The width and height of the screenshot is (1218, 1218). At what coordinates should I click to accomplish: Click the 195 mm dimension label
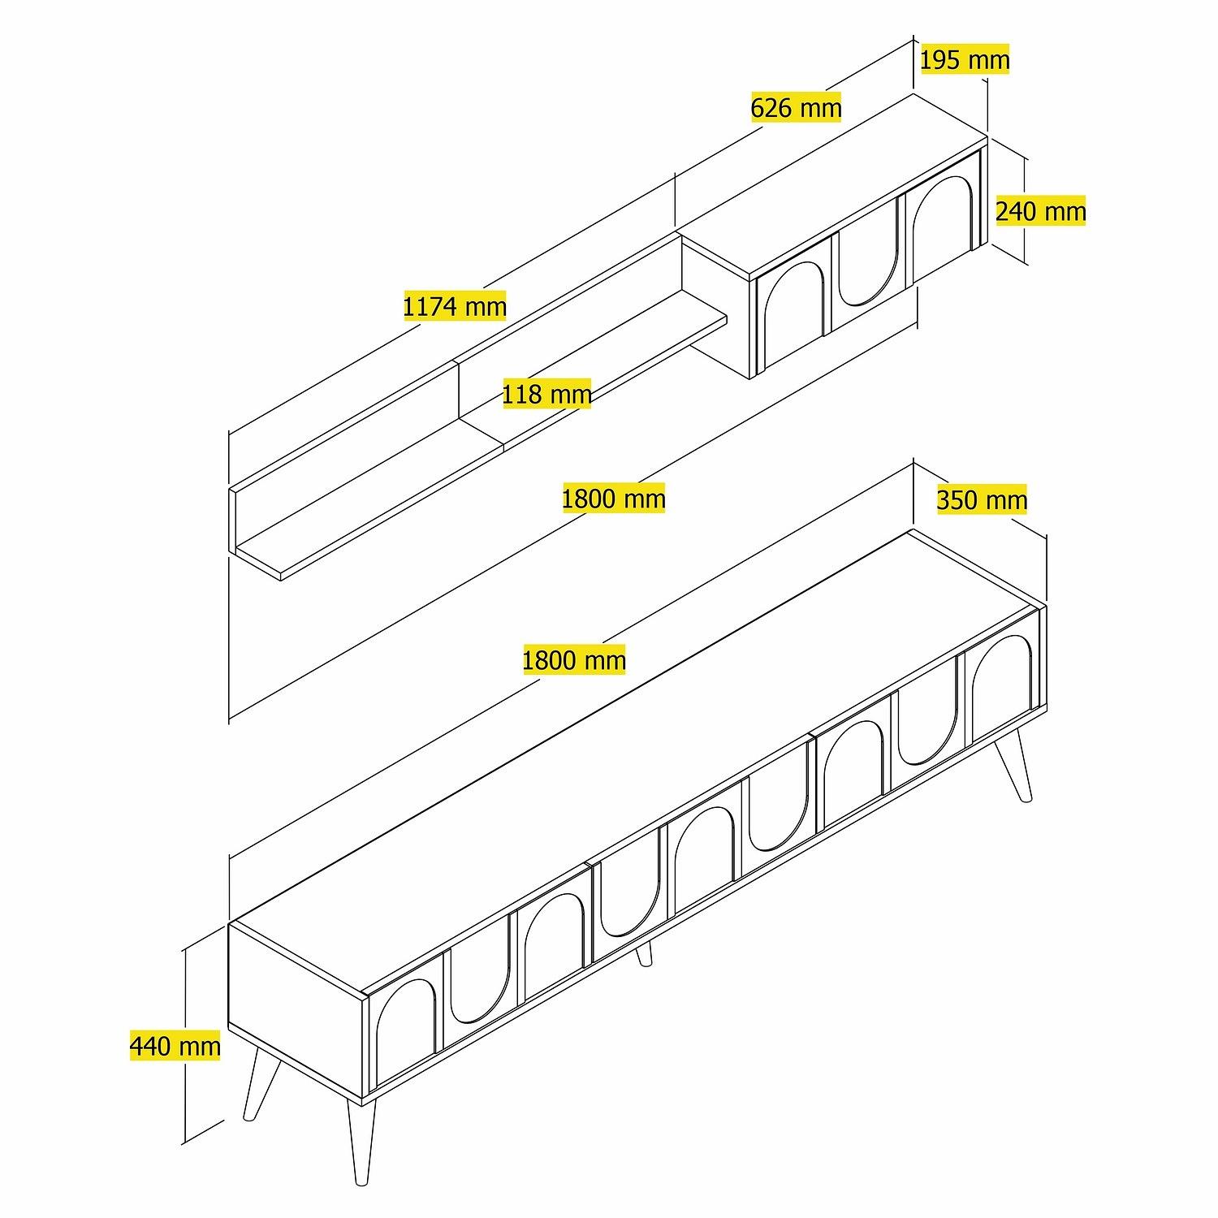pos(965,59)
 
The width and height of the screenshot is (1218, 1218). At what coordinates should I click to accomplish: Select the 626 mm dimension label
pos(796,107)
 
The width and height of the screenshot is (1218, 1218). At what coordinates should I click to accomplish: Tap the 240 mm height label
pos(1040,211)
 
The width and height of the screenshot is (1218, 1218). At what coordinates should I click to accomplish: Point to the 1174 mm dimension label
pos(455,306)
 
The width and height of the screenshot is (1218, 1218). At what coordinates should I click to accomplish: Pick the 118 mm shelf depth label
pos(546,394)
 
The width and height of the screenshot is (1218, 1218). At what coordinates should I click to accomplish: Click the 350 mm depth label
pos(982,499)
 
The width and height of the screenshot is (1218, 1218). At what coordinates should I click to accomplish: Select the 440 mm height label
pos(175,1045)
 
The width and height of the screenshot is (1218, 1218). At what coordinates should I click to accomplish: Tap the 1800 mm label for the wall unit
pos(613,497)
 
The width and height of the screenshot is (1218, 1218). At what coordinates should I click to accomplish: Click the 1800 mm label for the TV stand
pos(573,659)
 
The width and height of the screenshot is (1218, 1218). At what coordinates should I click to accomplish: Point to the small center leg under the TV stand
pos(644,955)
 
